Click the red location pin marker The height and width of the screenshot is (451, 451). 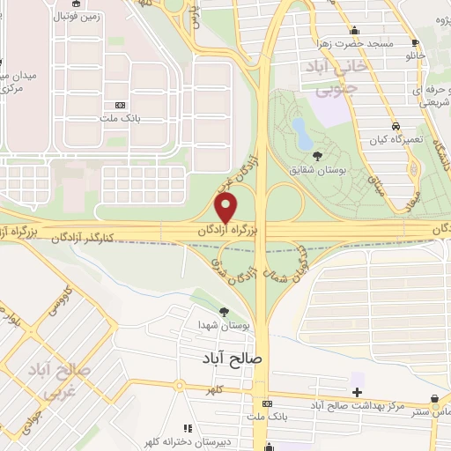226,208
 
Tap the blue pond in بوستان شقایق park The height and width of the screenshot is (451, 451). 301,133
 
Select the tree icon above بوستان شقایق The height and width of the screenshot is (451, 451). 317,156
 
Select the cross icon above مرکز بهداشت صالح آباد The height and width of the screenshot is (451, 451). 357,391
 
